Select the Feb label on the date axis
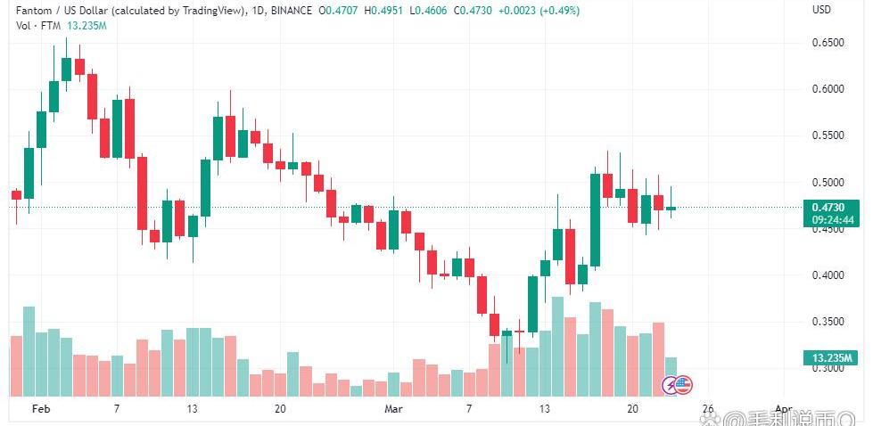click(39, 409)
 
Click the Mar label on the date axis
click(393, 409)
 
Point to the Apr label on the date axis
click(783, 409)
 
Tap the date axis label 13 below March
click(544, 409)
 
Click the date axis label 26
click(708, 409)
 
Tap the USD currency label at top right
click(821, 10)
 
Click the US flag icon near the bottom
click(682, 385)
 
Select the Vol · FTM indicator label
click(32, 25)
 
